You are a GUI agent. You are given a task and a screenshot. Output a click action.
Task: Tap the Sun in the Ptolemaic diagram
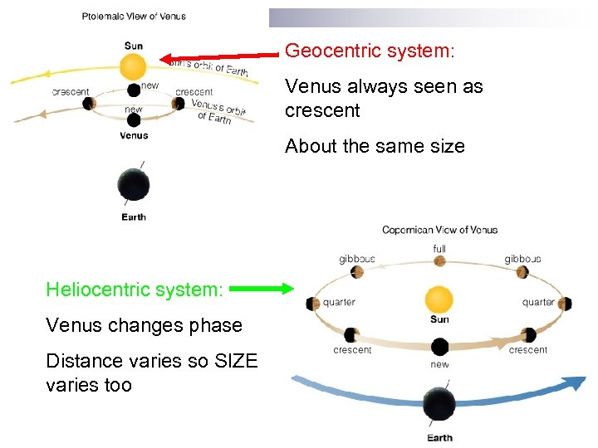coord(133,66)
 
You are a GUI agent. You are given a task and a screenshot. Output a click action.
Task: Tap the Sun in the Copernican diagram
coord(439,299)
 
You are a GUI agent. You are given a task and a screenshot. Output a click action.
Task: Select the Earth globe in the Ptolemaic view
coord(133,184)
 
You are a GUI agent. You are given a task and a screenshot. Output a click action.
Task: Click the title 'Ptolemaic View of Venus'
coord(134,16)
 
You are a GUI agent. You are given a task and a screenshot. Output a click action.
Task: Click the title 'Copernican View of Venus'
coord(439,230)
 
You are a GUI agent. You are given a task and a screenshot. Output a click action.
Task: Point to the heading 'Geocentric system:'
coord(370,51)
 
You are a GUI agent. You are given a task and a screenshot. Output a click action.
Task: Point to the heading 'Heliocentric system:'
coord(135,290)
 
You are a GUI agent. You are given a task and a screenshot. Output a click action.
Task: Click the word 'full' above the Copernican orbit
coord(439,248)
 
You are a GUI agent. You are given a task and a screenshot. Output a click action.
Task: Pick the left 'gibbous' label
coord(357,260)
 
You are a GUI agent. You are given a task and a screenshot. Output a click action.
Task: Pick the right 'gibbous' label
coord(522,260)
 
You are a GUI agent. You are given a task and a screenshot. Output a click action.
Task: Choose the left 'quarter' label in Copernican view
coord(339,303)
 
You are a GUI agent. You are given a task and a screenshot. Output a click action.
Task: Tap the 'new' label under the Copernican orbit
coord(439,364)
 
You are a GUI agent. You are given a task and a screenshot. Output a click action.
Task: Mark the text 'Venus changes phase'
coord(145,325)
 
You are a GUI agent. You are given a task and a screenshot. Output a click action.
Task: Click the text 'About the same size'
coord(375,146)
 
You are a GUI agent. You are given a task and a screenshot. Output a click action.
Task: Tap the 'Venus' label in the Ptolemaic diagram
coord(134,135)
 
